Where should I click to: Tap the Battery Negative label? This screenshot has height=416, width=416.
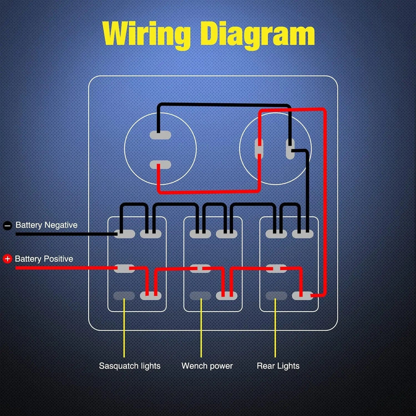point(46,225)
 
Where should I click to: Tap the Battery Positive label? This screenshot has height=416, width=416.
point(44,259)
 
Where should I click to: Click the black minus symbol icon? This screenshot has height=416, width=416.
point(7,226)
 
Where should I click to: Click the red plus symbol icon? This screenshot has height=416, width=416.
point(7,259)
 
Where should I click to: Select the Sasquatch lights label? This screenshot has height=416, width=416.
point(129,366)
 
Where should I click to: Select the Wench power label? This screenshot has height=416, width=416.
point(207,366)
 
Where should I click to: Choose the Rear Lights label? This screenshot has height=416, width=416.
point(278,366)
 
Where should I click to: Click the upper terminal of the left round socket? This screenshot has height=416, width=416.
point(160,135)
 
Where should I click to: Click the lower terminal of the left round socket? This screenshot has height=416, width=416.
point(160,165)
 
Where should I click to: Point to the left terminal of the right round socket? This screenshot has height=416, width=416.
point(259,149)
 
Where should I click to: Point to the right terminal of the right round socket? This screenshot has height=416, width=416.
point(290,149)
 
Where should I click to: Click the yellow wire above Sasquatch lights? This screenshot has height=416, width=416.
point(124,329)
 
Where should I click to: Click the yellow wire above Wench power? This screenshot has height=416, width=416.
point(201,329)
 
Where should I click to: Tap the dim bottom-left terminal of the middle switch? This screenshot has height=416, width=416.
point(200,296)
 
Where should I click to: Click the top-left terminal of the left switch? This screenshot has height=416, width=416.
point(124,234)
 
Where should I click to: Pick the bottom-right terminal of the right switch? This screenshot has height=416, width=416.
point(302,296)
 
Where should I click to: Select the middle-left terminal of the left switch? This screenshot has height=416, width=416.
point(124,268)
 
